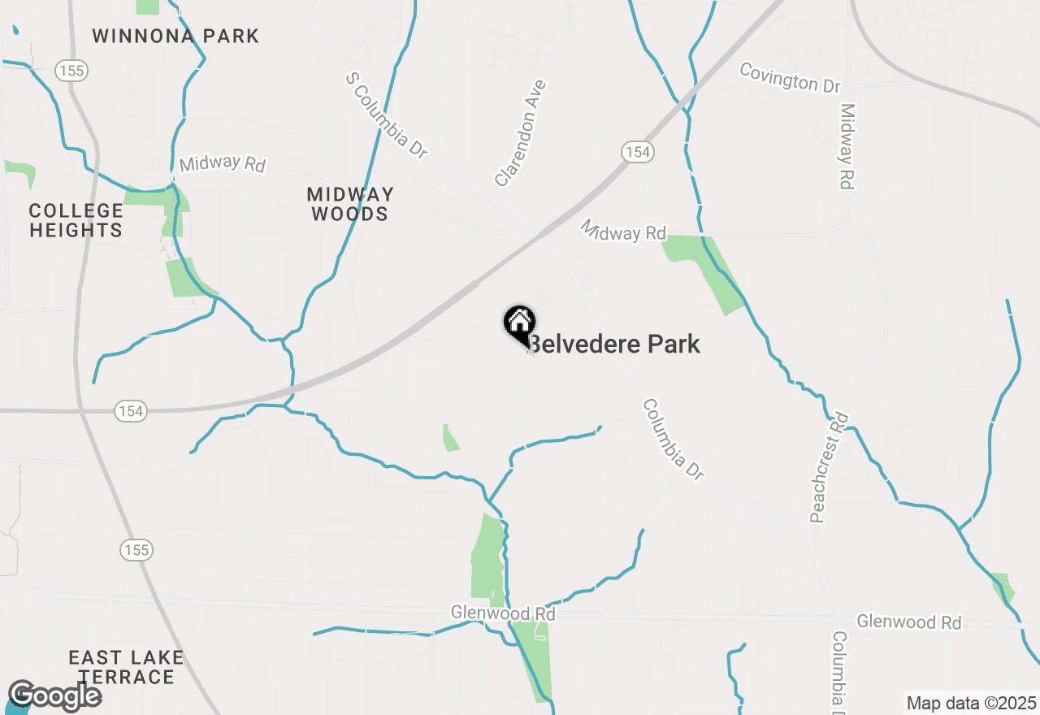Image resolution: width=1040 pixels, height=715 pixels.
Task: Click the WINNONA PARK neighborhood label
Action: [175, 36]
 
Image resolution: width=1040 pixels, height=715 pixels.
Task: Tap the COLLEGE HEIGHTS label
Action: [76, 220]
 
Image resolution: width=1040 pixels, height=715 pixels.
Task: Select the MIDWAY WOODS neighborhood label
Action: [350, 204]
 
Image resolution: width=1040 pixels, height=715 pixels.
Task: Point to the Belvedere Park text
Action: [615, 344]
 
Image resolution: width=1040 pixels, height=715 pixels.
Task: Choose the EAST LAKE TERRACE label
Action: [126, 666]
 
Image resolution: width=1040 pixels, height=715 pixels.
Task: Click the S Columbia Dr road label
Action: [387, 115]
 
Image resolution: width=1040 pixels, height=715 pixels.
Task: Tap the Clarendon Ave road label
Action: [520, 133]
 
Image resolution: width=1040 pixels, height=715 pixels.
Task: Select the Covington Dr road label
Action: [790, 77]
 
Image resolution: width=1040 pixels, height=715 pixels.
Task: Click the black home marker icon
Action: [519, 323]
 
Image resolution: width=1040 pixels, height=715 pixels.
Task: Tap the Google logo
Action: [54, 695]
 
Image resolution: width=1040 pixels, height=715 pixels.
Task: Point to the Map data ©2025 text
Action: [971, 703]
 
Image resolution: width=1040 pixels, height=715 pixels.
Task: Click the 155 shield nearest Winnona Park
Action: [71, 71]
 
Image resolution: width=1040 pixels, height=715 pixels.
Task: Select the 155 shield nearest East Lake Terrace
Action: [136, 550]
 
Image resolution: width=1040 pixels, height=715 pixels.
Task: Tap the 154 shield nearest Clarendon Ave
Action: [639, 151]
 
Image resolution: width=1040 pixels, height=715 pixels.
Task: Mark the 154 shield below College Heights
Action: [130, 411]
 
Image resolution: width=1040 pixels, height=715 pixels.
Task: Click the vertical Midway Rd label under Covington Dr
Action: [847, 146]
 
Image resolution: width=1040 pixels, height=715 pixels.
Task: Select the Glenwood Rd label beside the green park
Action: [503, 613]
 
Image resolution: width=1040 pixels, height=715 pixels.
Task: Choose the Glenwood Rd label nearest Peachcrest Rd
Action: [908, 622]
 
